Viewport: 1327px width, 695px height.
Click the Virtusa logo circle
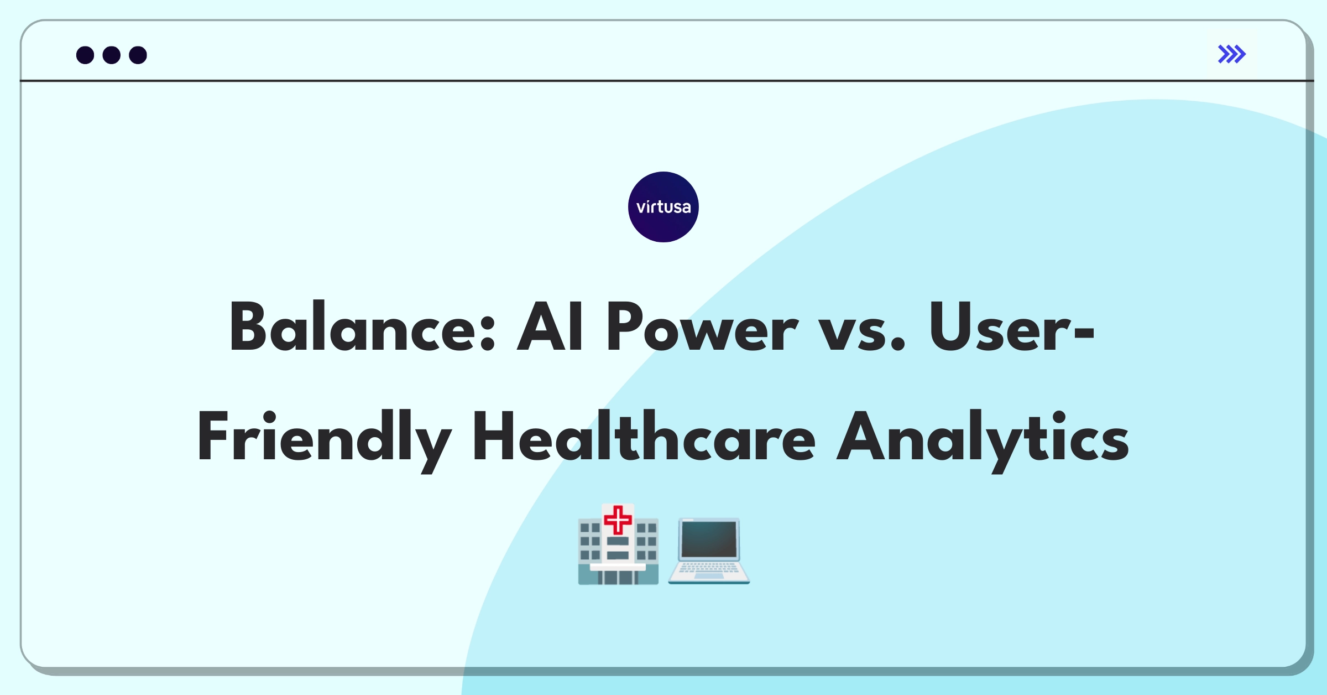(663, 207)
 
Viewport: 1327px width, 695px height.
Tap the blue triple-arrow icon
(1232, 54)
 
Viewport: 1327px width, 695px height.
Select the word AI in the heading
(550, 327)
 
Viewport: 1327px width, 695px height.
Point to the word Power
(702, 327)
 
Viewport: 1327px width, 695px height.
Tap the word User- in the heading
(1012, 327)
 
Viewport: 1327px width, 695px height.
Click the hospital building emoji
(618, 544)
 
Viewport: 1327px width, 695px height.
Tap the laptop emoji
(709, 551)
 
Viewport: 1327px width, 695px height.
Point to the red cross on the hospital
(618, 520)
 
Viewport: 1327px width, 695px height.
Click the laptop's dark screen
(709, 540)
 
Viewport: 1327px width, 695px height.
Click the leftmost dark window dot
(85, 55)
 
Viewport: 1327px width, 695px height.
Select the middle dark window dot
(112, 55)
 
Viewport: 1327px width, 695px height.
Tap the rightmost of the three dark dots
(138, 55)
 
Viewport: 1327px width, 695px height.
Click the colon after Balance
(488, 334)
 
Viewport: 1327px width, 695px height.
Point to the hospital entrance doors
(618, 577)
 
